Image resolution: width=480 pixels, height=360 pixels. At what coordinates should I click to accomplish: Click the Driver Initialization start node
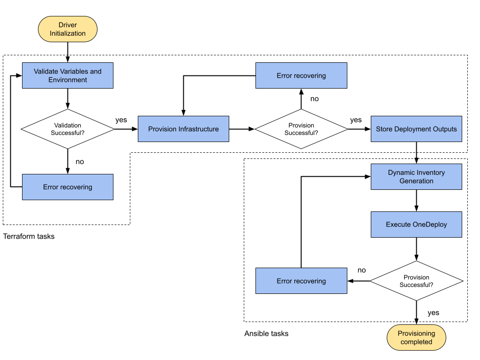tap(67, 29)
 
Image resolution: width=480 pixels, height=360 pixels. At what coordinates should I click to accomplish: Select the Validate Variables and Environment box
tap(67, 75)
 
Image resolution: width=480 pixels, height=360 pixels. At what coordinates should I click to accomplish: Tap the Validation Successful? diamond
tap(67, 129)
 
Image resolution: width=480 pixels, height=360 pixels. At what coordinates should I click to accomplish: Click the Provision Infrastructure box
tap(183, 129)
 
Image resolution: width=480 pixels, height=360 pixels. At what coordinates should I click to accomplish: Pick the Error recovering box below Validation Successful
tap(67, 187)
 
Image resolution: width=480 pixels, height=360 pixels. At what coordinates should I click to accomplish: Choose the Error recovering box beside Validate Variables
tap(301, 75)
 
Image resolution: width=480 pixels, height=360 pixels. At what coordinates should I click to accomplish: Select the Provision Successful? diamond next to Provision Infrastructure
tap(301, 129)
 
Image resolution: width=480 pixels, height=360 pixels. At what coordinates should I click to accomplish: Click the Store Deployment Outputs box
tap(416, 129)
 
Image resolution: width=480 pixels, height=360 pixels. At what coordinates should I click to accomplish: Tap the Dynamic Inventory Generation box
tap(416, 177)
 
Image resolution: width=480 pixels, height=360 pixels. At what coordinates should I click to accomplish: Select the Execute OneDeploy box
tap(416, 225)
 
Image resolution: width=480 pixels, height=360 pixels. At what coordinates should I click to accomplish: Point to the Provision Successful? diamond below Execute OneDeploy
tap(416, 281)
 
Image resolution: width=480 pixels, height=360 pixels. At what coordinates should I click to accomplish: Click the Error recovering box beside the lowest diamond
tap(301, 281)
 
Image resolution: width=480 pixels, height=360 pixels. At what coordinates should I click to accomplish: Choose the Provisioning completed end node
tap(416, 337)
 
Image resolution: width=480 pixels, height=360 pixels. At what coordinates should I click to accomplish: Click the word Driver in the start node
tap(67, 25)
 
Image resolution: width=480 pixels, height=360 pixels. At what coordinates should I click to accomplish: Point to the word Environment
tap(67, 80)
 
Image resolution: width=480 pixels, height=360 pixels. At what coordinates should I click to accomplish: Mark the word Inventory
tap(429, 172)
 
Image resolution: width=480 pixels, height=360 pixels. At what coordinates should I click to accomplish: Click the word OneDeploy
tap(429, 225)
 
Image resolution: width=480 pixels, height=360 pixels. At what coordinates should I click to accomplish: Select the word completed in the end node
tap(416, 342)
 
